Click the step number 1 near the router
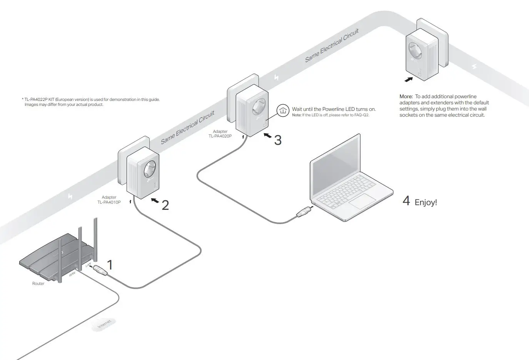(x=110, y=265)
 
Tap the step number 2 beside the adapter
(x=165, y=205)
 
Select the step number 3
(x=278, y=140)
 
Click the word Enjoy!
(x=426, y=203)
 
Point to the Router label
(x=38, y=284)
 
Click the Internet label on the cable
(x=104, y=324)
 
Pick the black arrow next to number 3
(x=267, y=136)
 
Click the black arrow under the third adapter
(x=409, y=79)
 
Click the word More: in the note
(x=406, y=97)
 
